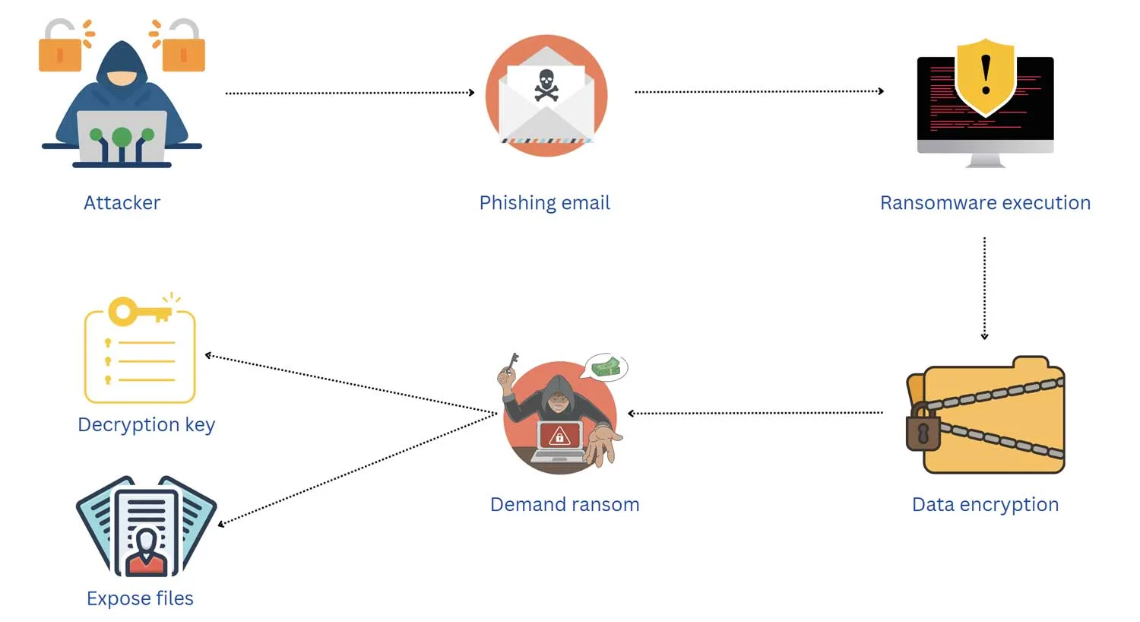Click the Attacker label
pyautogui.click(x=122, y=203)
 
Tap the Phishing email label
pyautogui.click(x=544, y=203)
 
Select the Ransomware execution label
pyautogui.click(x=985, y=203)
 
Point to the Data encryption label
pyautogui.click(x=985, y=504)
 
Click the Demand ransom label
pyautogui.click(x=565, y=504)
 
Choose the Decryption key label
pyautogui.click(x=146, y=424)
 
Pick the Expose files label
pyautogui.click(x=140, y=598)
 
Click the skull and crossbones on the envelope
pyautogui.click(x=546, y=84)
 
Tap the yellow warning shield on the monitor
pyautogui.click(x=985, y=76)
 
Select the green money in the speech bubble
pyautogui.click(x=606, y=367)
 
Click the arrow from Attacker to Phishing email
pyautogui.click(x=350, y=93)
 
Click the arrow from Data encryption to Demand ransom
pyautogui.click(x=755, y=413)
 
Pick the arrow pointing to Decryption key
pyautogui.click(x=350, y=384)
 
